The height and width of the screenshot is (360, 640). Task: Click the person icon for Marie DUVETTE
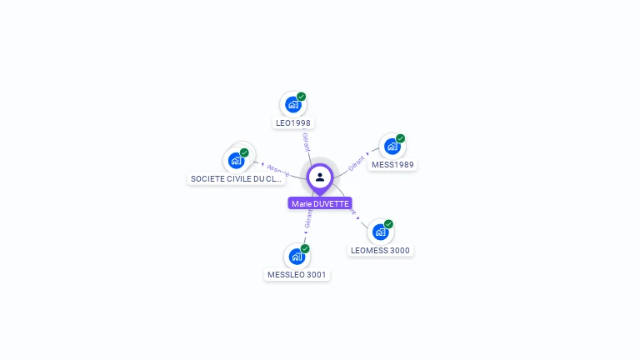[x=320, y=177]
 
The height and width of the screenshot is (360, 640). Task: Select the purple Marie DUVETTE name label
[x=320, y=203]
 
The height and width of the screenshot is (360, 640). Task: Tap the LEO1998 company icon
[x=292, y=104]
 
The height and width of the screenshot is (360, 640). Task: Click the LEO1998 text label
[x=292, y=123]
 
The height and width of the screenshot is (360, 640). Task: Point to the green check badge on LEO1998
[x=302, y=97]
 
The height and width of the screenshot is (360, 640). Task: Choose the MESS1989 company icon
[x=392, y=147]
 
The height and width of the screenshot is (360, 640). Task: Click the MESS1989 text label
[x=392, y=165]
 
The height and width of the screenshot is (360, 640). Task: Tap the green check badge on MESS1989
[x=401, y=138]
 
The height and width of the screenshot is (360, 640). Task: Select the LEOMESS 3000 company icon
[x=380, y=232]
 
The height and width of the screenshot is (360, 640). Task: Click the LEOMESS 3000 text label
[x=380, y=251]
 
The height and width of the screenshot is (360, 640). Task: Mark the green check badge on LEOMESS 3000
[x=389, y=224]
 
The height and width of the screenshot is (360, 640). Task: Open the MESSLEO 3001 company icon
[x=297, y=257]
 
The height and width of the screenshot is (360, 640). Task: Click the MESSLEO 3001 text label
[x=297, y=275]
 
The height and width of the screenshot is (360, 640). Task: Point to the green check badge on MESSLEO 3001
[x=306, y=249]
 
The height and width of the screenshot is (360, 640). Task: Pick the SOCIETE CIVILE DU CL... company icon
[x=236, y=160]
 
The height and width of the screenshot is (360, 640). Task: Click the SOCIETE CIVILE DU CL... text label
[x=237, y=179]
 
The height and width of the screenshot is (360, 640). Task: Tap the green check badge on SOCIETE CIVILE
[x=245, y=152]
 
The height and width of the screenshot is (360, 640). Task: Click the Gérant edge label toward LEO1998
[x=306, y=142]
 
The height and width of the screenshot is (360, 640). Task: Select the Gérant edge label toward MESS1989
[x=357, y=162]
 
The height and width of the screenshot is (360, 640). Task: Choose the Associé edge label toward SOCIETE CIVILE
[x=277, y=169]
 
